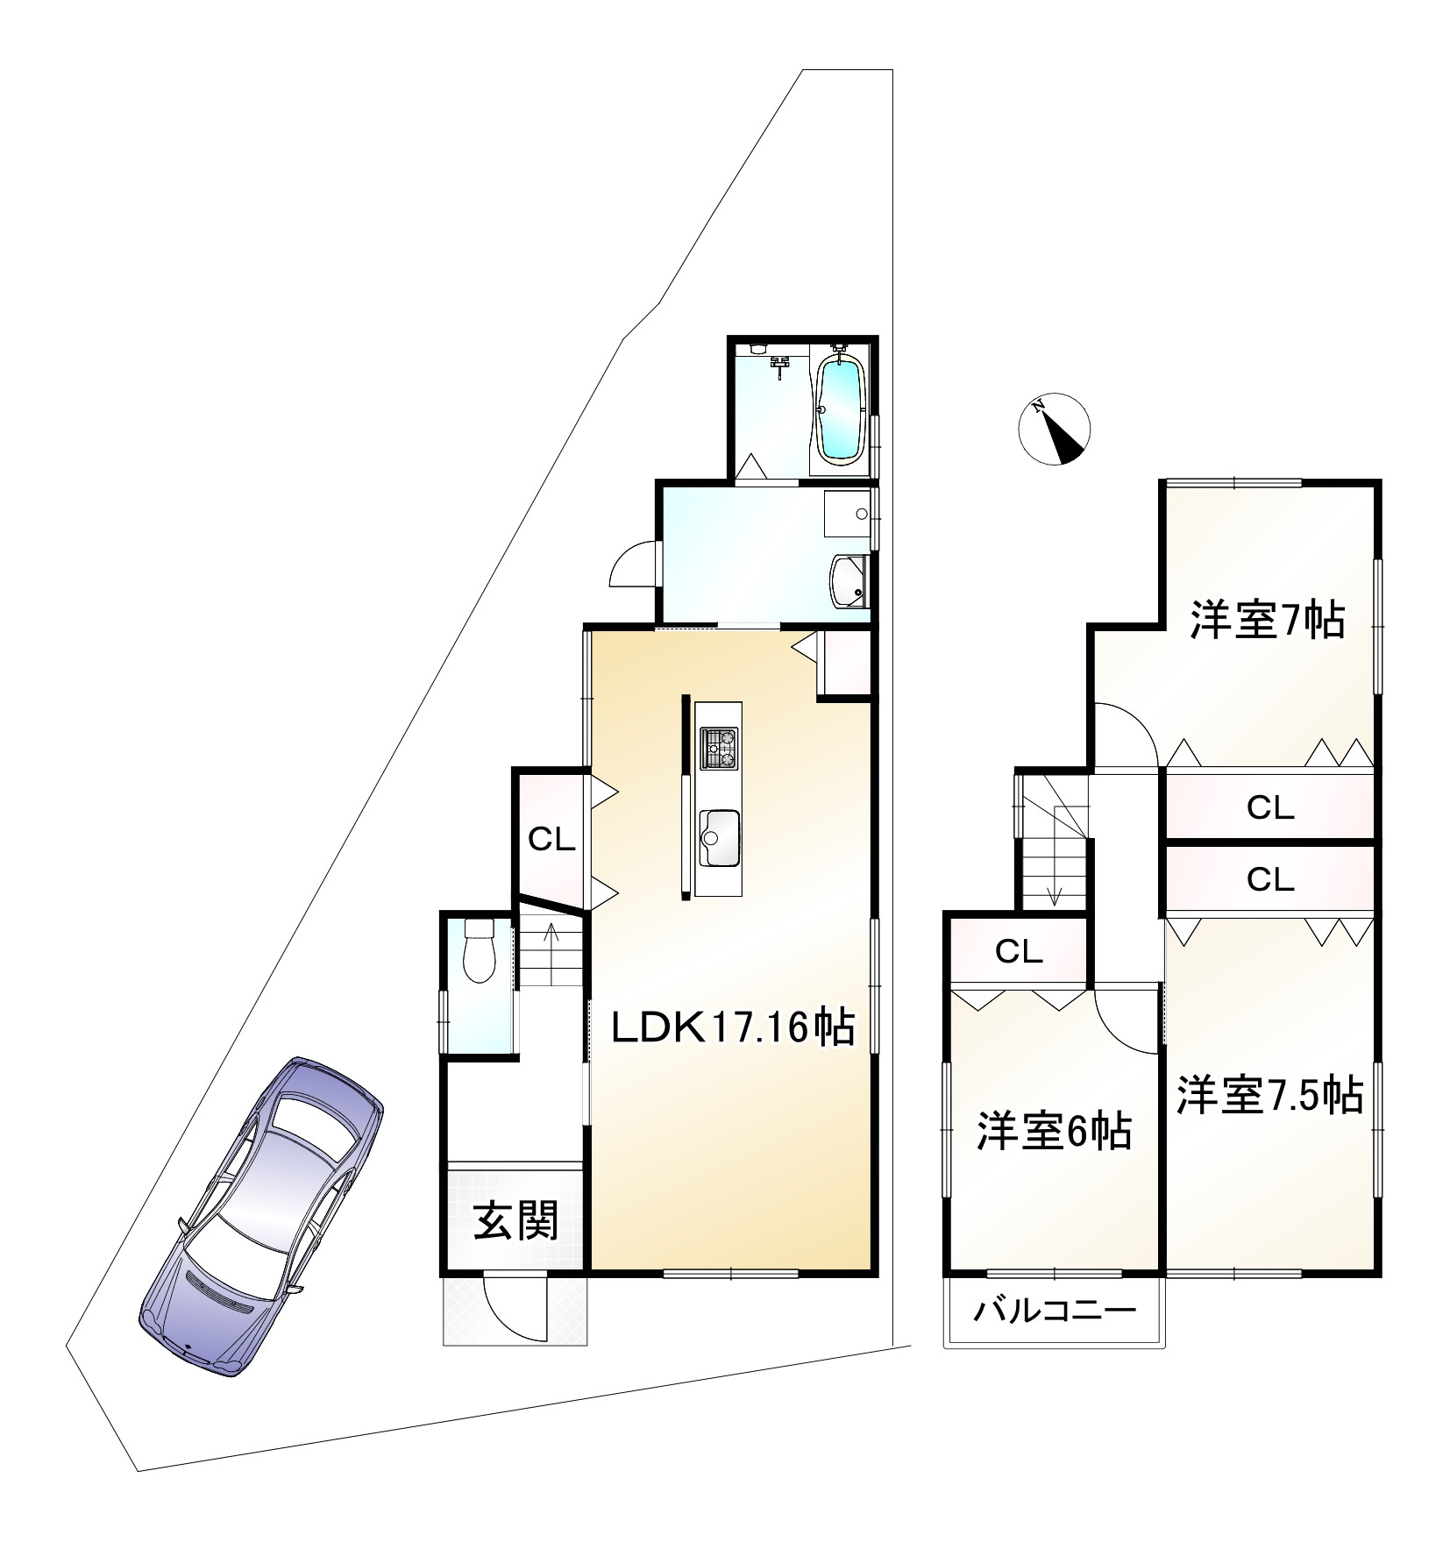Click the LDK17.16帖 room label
[732, 1027]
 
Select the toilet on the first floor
[479, 951]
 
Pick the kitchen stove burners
[719, 749]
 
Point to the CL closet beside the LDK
[551, 841]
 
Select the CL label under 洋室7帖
[1270, 807]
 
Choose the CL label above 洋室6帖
[1018, 951]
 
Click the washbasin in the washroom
[849, 581]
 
